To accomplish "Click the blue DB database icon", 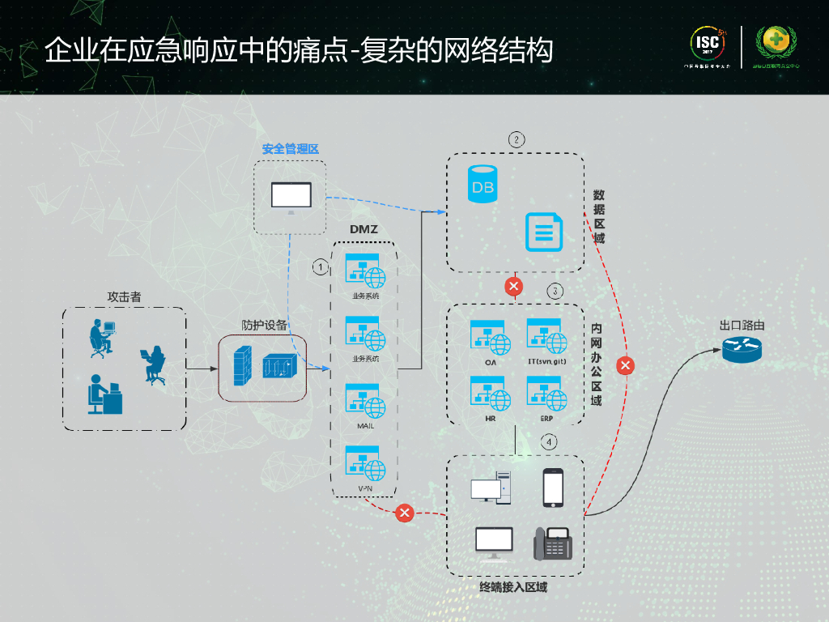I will [x=483, y=184].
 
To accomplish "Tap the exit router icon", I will [x=742, y=348].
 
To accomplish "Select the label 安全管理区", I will [x=291, y=149].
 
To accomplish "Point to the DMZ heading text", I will [x=363, y=229].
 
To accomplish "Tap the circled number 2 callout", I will [x=517, y=138].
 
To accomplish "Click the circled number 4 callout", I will [x=550, y=442].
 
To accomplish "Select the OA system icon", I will [x=491, y=337].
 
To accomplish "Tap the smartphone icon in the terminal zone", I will [x=553, y=488].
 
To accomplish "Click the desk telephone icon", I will [x=553, y=543].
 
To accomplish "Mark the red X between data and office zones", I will [x=512, y=286].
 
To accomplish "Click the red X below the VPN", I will [x=405, y=513].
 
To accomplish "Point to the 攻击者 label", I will [x=124, y=297].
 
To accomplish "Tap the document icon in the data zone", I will [x=542, y=232].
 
